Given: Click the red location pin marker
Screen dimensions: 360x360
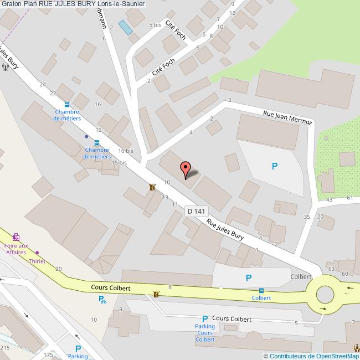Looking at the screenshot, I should tap(186, 168).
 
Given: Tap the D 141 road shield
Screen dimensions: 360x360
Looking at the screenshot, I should tap(196, 211).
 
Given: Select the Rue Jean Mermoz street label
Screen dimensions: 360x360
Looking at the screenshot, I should tap(287, 118).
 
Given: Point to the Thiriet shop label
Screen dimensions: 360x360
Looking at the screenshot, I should tap(38, 260).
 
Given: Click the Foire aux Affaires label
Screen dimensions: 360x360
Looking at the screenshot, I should tap(16, 249).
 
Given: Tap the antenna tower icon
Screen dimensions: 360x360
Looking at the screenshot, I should tap(5, 67).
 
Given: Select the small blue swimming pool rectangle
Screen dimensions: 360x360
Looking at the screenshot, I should tap(126, 28).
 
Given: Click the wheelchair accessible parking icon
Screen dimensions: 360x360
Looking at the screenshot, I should tap(102, 300).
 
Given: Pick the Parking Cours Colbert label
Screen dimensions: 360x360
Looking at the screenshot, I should tap(204, 333).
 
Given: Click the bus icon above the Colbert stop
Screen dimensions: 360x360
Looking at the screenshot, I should tap(261, 290).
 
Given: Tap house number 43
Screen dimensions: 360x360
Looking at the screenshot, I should tap(330, 199).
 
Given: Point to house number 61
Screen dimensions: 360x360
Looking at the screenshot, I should tap(349, 197).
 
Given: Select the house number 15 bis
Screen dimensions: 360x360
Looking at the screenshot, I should tap(119, 163).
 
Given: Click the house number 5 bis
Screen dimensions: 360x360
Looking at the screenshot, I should tap(155, 25).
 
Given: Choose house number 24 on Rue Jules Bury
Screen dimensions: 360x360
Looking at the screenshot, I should tap(43, 84).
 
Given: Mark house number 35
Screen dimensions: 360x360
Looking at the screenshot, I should tap(307, 217).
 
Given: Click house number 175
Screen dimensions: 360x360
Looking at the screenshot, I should tap(49, 354).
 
